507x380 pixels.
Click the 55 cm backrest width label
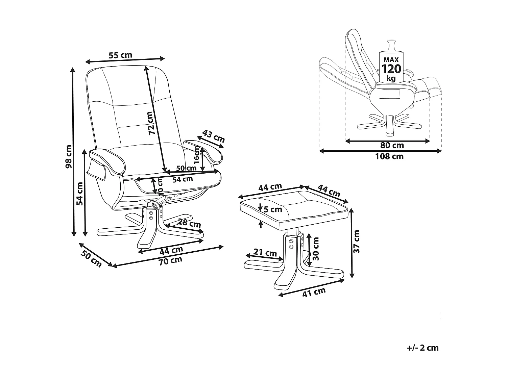click(120, 55)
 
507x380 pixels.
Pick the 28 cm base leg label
click(189, 223)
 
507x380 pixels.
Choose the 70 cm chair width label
click(171, 260)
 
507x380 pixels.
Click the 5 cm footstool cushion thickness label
click(272, 209)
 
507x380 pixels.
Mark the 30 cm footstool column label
click(316, 249)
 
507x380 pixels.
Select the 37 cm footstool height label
click(356, 242)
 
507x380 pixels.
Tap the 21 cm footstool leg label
click(265, 253)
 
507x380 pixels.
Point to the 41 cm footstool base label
click(314, 292)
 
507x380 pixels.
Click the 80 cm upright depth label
click(392, 146)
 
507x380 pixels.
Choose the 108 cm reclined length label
click(389, 156)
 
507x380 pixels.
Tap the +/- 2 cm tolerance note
click(422, 348)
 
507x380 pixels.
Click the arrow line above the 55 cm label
click(125, 60)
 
